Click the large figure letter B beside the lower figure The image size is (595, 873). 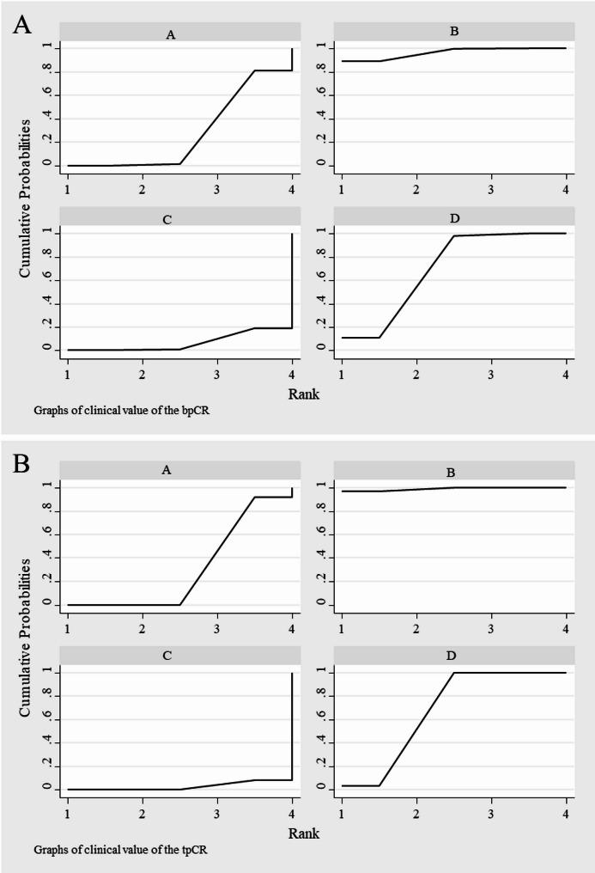pos(22,465)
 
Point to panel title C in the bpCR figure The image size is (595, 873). pos(167,219)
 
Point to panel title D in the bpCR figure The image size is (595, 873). pos(451,219)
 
